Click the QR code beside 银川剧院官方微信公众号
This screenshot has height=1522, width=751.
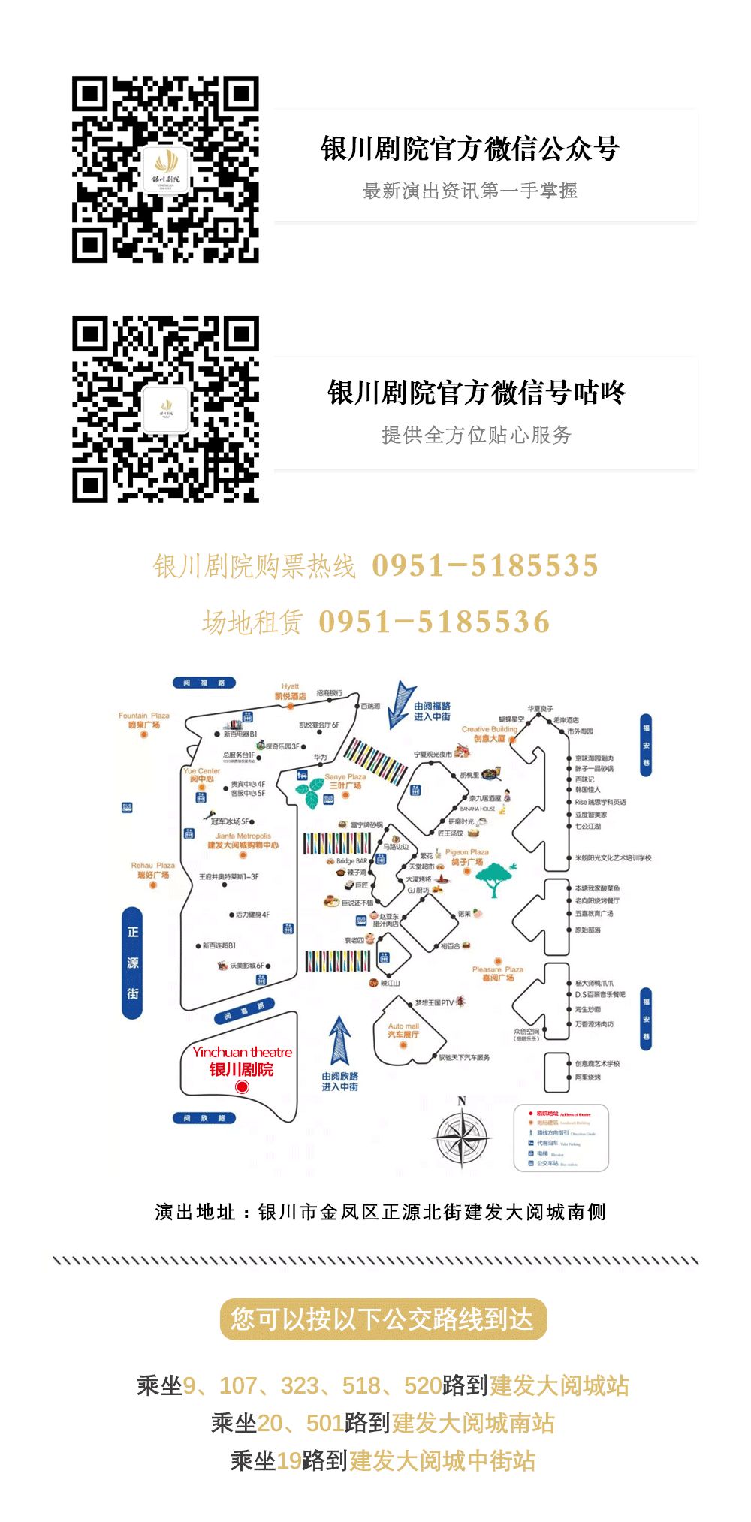165,169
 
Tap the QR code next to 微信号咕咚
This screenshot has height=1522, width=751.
165,409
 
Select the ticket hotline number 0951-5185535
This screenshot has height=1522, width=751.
485,565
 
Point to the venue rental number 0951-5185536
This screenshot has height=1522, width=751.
434,622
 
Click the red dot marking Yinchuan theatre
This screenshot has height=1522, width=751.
242,1086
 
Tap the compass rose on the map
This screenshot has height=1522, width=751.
463,1136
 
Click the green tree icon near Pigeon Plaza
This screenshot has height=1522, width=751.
495,879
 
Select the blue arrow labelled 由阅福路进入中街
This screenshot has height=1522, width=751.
402,704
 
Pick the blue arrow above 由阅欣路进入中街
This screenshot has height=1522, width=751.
340,1040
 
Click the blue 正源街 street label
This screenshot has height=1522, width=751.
132,963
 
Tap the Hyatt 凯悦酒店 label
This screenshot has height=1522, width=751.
291,692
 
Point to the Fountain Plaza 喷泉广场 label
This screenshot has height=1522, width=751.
144,720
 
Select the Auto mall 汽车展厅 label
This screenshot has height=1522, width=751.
403,1030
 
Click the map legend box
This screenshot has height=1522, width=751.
560,1138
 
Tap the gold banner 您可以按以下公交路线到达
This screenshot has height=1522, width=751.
382,1320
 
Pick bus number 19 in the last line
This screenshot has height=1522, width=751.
289,1460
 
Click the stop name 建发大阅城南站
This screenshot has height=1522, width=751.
473,1423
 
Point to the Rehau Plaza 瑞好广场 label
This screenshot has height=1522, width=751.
152,870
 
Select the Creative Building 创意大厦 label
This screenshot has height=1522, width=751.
490,734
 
